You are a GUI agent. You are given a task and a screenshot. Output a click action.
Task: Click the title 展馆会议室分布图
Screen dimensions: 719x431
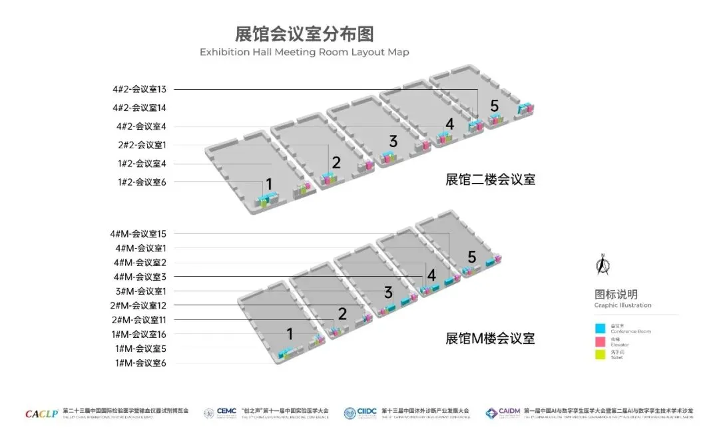[x=304, y=33]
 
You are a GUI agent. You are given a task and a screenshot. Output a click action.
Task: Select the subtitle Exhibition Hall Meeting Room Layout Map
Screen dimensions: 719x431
[x=304, y=52]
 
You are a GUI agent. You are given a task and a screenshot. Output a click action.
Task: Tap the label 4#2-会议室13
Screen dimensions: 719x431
[x=139, y=89]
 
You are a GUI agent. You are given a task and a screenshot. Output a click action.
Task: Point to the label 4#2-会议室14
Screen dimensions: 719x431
[x=139, y=108]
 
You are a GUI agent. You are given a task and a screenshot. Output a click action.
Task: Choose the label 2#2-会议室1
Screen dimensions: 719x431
[x=142, y=145]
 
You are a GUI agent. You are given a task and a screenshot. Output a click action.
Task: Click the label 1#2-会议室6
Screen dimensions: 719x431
[x=142, y=182]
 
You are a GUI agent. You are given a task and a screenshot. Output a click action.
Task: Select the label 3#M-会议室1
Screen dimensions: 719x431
[x=141, y=291]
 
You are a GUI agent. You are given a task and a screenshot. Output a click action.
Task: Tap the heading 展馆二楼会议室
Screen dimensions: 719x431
[x=491, y=180]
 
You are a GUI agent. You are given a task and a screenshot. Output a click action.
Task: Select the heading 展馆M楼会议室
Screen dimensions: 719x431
[x=490, y=339]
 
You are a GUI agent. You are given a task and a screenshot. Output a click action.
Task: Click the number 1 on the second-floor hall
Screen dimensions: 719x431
[x=269, y=184]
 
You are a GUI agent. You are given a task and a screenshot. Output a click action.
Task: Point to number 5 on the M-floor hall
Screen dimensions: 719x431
[x=472, y=257]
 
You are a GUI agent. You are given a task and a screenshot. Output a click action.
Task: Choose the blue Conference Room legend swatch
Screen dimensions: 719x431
[x=600, y=328]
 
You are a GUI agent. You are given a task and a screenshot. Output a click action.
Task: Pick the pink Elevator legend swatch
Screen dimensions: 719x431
[x=600, y=342]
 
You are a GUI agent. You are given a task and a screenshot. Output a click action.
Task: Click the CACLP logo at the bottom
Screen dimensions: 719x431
[x=42, y=413]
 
